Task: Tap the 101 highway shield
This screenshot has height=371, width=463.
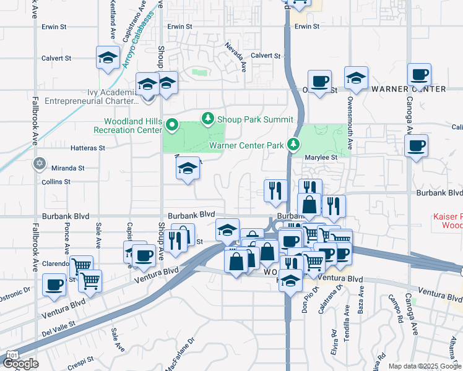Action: pyautogui.click(x=11, y=354)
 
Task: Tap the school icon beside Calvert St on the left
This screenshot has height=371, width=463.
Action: pyautogui.click(x=108, y=58)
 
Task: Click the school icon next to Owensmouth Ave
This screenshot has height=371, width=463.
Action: pyautogui.click(x=356, y=78)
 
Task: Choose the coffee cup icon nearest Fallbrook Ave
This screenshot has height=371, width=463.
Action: pyautogui.click(x=54, y=284)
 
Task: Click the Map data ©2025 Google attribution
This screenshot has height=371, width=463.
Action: pyautogui.click(x=425, y=366)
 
